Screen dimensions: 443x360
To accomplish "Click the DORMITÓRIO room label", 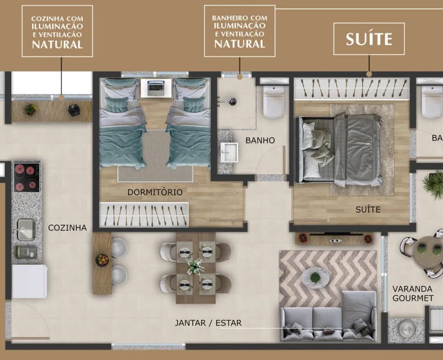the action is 155,192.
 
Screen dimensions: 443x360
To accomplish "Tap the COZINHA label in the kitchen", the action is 67,228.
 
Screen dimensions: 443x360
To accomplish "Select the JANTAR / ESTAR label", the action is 208,323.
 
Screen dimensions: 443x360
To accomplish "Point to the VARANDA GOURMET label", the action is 413,293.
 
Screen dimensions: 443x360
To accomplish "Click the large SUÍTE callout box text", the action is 369,39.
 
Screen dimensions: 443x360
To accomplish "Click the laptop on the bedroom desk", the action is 156,88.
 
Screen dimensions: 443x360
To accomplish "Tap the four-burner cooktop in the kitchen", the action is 27,178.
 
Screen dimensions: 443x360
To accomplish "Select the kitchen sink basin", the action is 26,229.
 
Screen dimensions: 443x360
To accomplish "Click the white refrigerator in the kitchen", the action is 29,282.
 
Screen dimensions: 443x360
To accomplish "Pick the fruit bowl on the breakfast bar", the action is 102,260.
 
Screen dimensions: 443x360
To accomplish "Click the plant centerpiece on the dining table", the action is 196,266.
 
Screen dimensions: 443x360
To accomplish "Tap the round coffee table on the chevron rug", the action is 315,278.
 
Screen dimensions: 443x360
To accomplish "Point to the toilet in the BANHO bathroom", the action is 273,101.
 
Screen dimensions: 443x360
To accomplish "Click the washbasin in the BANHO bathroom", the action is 229,152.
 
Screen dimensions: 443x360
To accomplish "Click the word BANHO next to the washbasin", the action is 260,141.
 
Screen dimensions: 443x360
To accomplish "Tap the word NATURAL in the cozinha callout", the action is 58,45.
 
